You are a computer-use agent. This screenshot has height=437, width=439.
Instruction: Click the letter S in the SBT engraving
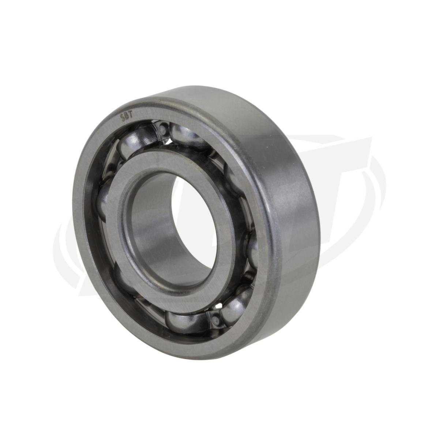click(122, 117)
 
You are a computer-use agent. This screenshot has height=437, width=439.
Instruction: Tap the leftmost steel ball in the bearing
click(103, 199)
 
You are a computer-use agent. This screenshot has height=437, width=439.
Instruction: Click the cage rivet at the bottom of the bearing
click(215, 319)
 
